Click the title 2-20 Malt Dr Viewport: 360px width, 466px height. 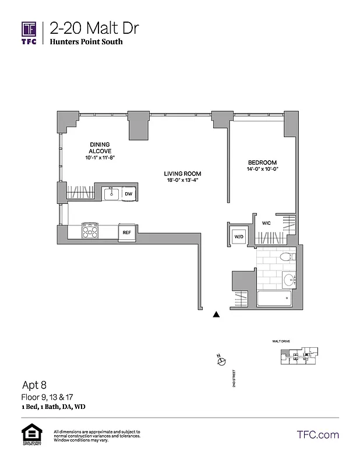(x=94, y=28)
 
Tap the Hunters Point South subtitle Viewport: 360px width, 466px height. (x=86, y=42)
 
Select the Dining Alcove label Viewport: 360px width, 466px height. (x=100, y=147)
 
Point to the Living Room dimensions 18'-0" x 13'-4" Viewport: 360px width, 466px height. (x=182, y=180)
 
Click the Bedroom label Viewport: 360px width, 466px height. (x=262, y=163)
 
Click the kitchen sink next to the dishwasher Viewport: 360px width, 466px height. (x=111, y=194)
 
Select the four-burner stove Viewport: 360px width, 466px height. (x=90, y=232)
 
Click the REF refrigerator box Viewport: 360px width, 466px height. (x=126, y=232)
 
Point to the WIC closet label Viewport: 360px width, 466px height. (x=266, y=223)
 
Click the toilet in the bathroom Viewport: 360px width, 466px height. (x=285, y=256)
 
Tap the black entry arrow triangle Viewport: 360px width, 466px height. (x=217, y=315)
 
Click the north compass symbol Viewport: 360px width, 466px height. (x=221, y=361)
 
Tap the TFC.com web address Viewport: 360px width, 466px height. (x=317, y=435)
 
